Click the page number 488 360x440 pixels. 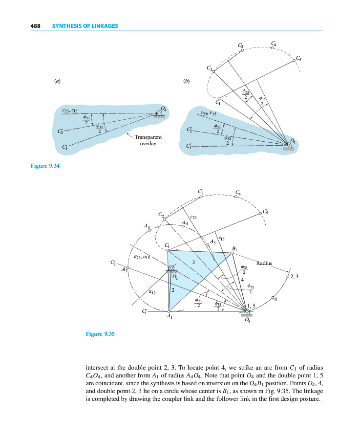click(x=35, y=25)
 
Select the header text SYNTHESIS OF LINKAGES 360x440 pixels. click(x=85, y=25)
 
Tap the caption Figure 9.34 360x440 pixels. click(x=45, y=166)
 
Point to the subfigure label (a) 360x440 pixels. click(x=58, y=81)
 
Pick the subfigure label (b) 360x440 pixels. click(x=186, y=81)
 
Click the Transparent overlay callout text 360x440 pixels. click(x=149, y=141)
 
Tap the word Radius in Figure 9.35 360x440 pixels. click(x=265, y=263)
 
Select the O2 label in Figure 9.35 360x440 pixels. click(x=175, y=277)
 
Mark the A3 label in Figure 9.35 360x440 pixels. click(x=148, y=225)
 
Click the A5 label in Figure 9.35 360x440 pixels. click(x=212, y=242)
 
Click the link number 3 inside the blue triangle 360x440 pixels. click(x=193, y=263)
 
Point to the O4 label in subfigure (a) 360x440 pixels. click(x=163, y=109)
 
